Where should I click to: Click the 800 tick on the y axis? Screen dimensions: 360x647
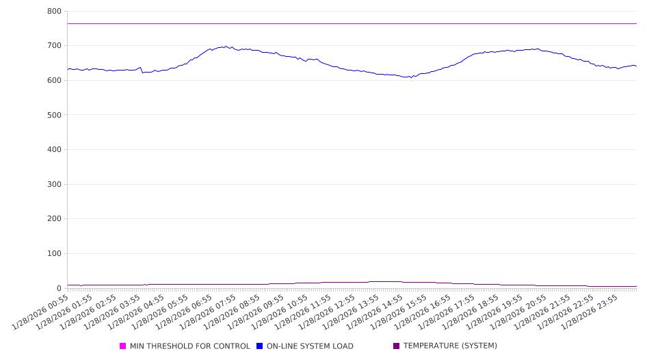tap(54, 12)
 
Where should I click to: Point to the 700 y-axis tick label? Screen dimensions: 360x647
tap(54, 46)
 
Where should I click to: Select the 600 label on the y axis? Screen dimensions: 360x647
tap(54, 81)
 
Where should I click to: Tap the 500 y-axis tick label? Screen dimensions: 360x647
tap(54, 115)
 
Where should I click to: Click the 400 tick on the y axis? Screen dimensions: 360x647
tap(54, 150)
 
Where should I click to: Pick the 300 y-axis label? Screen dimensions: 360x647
tap(54, 185)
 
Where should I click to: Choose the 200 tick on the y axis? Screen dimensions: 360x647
tap(54, 219)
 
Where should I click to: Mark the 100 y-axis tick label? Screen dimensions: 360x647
tap(54, 254)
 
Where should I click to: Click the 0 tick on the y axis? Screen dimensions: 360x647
tap(60, 288)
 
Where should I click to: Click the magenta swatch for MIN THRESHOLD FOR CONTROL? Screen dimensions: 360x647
tap(123, 346)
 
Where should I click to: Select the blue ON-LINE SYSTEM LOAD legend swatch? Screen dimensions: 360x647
tap(260, 346)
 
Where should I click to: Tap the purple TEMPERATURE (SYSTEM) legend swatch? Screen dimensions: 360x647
tap(397, 346)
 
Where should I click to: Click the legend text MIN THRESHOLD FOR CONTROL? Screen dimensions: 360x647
tap(190, 346)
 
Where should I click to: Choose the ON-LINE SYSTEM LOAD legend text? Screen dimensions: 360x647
tap(310, 346)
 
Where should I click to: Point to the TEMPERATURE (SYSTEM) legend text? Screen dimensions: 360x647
tap(450, 346)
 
